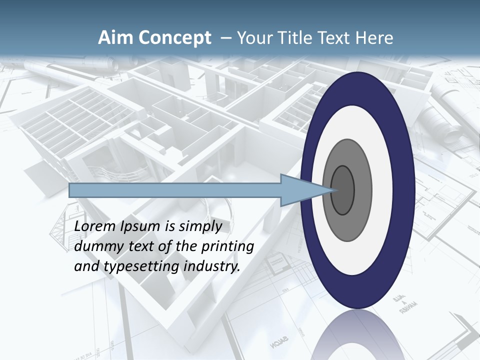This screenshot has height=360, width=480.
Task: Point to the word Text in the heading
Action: pos(332,38)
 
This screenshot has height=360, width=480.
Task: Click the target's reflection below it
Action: pos(358,335)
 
